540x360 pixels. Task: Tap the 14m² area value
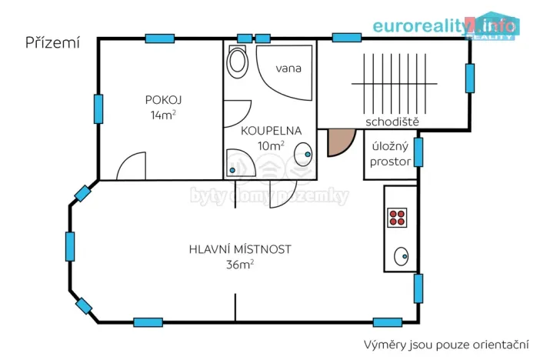(164, 115)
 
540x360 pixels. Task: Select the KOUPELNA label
(272, 130)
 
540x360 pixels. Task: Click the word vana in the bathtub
(289, 68)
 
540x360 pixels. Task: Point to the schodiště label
(392, 122)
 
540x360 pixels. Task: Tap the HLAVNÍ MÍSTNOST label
(240, 249)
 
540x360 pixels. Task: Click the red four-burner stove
(398, 217)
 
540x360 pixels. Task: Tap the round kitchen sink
(401, 255)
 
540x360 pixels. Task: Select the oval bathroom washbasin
(305, 154)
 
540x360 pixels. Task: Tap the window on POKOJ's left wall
(98, 108)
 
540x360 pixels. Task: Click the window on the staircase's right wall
(469, 78)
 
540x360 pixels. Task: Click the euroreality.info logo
(445, 25)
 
